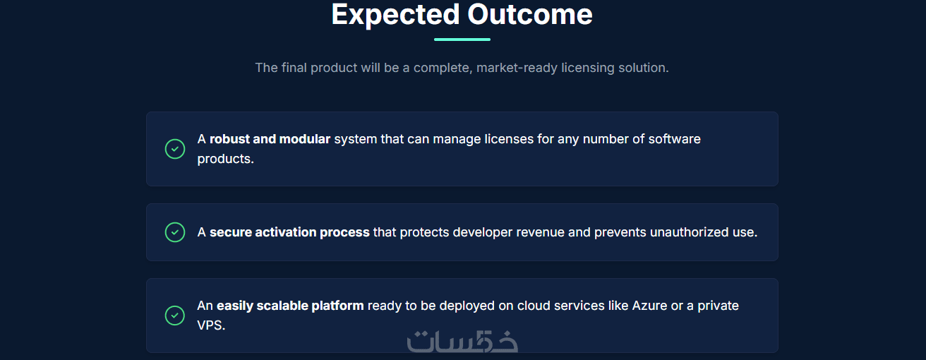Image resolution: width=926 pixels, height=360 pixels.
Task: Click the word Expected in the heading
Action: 396,16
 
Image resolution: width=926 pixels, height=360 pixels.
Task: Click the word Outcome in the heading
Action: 530,14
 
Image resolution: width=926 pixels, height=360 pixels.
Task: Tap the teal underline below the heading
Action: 462,40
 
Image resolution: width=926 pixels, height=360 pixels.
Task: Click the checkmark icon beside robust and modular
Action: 175,149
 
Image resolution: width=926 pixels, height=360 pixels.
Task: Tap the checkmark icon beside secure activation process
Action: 175,232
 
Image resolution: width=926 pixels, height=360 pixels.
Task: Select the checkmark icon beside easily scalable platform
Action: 175,316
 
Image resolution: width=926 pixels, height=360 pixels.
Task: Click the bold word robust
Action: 229,139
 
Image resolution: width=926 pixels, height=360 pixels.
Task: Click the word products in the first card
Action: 225,159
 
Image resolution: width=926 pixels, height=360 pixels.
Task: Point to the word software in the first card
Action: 674,139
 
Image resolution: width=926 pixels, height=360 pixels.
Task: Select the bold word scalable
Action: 282,306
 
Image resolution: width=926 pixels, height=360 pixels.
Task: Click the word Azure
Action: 649,306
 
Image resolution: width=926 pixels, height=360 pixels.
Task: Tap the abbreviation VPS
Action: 211,325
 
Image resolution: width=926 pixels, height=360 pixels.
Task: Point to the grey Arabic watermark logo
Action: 462,342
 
